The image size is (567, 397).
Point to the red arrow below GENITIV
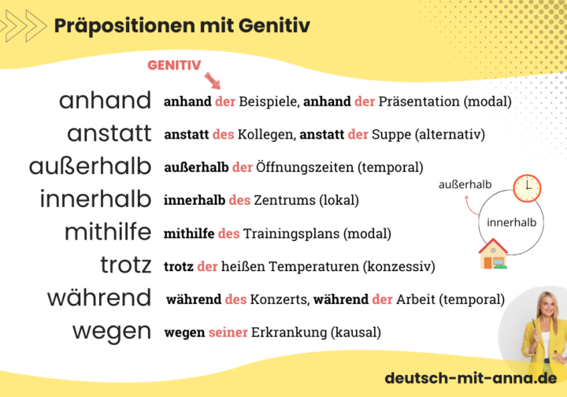[x=212, y=80]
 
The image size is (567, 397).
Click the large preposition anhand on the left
[x=105, y=101]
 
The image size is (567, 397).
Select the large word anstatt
[x=109, y=134]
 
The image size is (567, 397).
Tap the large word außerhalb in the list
[x=90, y=167]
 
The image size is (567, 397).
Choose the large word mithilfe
[x=108, y=232]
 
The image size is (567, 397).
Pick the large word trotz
[x=126, y=265]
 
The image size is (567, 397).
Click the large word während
[x=99, y=299]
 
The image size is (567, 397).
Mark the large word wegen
[x=112, y=332]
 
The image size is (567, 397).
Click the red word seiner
[x=228, y=332]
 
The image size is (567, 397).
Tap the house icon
[x=493, y=253]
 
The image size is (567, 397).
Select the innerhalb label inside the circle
[x=511, y=223]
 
